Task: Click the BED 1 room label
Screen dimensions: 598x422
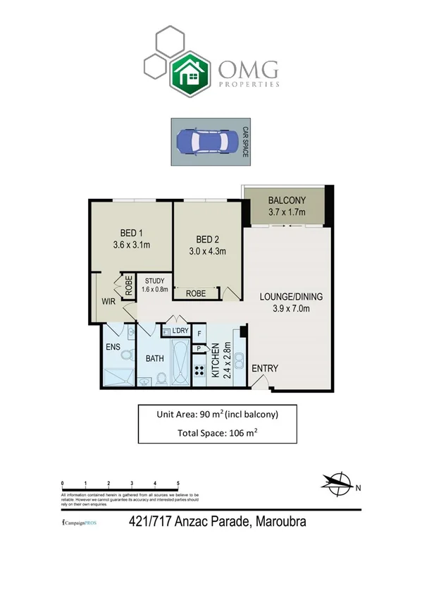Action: (x=132, y=239)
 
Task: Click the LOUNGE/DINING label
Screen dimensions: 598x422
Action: (x=285, y=301)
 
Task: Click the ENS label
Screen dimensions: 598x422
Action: (x=113, y=348)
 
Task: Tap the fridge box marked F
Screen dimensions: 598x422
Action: (x=199, y=334)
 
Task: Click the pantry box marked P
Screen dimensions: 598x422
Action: (x=199, y=348)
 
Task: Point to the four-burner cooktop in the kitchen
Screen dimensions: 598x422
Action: (x=199, y=371)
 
